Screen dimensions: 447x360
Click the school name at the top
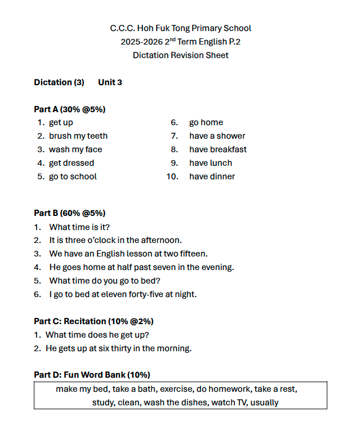(x=180, y=28)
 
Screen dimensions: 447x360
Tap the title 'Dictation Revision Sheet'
(x=180, y=55)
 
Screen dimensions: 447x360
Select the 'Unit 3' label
(x=110, y=82)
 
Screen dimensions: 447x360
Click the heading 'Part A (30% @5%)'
(x=70, y=109)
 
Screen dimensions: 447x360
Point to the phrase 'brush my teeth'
(x=78, y=136)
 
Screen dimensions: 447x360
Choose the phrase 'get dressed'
(x=72, y=163)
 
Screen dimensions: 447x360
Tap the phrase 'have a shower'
(x=217, y=136)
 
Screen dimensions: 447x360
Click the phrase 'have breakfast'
(x=217, y=149)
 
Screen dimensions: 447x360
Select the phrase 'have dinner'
(x=212, y=176)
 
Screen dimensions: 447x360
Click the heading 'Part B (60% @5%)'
(x=70, y=213)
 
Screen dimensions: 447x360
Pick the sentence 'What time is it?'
(x=79, y=227)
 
